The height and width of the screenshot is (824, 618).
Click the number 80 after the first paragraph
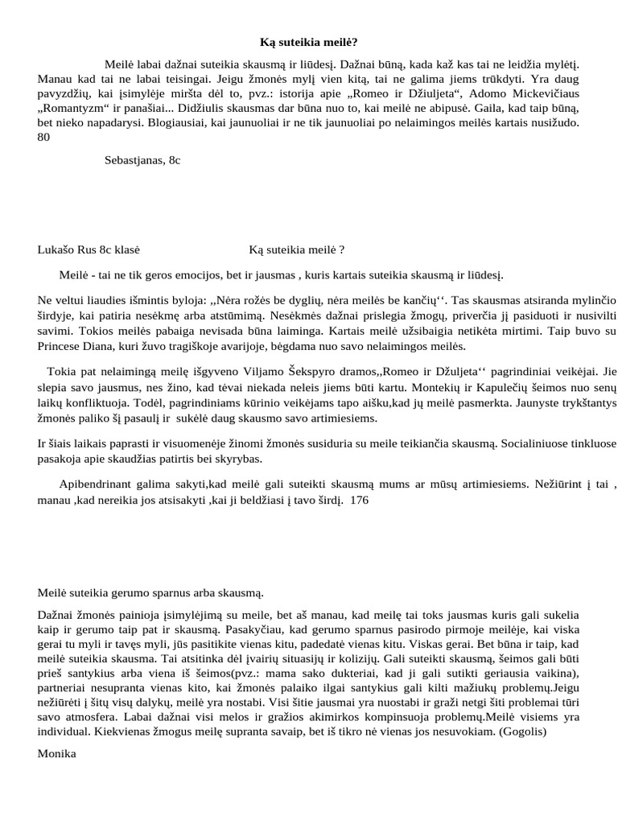tap(44, 138)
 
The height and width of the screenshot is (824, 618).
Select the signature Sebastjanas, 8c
tap(142, 160)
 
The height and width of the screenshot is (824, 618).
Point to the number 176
tap(360, 500)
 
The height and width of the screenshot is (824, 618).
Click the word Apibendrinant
tap(97, 484)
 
